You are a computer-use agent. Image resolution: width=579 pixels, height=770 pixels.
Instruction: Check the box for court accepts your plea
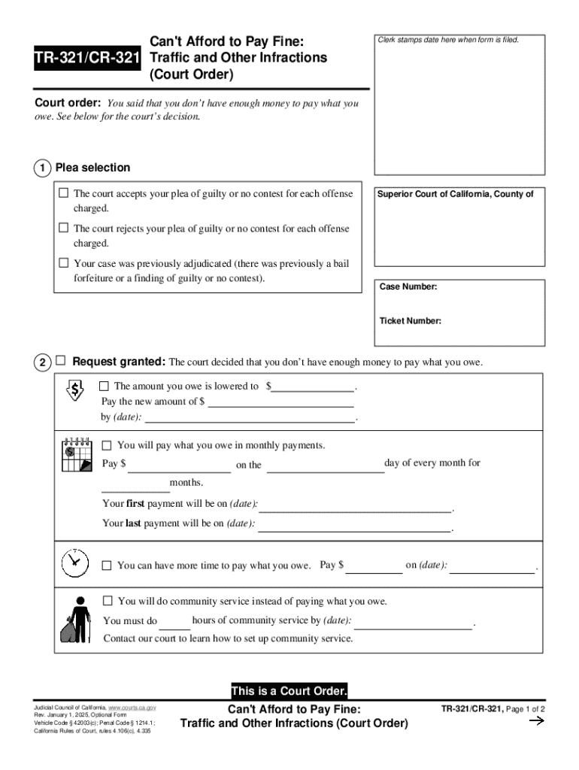point(64,193)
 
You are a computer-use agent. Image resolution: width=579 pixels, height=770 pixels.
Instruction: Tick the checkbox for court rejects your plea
point(64,228)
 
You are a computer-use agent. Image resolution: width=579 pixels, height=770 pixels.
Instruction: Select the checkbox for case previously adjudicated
point(64,263)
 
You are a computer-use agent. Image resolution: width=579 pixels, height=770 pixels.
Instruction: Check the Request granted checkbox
point(61,362)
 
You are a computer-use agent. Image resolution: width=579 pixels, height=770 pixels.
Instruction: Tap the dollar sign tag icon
point(76,389)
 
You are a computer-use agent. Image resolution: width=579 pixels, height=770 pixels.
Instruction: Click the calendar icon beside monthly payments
point(75,454)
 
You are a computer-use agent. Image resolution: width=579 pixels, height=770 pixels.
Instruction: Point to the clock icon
point(73,562)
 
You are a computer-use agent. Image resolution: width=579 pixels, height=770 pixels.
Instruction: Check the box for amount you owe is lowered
point(105,386)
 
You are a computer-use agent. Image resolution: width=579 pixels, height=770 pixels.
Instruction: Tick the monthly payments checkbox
point(107,445)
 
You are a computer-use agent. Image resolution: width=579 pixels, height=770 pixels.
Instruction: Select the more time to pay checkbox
point(107,565)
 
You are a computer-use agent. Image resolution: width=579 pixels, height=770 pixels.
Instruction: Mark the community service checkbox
point(108,601)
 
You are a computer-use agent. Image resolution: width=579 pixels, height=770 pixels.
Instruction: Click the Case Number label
point(408,287)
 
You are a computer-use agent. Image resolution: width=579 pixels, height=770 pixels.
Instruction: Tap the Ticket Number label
point(410,321)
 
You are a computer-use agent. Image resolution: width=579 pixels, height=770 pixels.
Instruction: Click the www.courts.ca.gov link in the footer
point(132,708)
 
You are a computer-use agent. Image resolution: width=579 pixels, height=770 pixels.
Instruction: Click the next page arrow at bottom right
point(537,722)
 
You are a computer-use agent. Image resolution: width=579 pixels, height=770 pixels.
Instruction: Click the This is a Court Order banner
point(289,691)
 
